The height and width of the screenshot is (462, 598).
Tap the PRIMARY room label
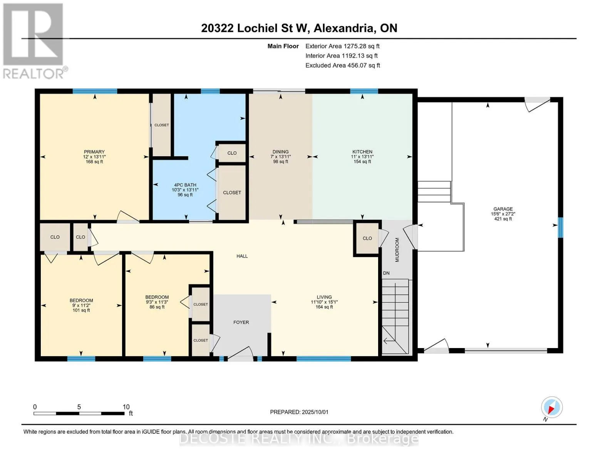pos(94,152)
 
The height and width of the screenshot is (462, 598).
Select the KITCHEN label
pos(362,152)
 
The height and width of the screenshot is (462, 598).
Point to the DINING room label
pos(280,152)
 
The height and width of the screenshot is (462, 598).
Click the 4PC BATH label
pos(185,185)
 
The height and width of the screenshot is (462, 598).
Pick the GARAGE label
pos(503,209)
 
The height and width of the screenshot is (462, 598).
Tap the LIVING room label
pos(324,297)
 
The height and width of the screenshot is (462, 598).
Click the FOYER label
pos(241,322)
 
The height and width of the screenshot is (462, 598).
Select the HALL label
pos(242,256)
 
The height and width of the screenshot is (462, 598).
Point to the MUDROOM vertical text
pos(397,250)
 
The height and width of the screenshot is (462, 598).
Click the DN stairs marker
pos(386,273)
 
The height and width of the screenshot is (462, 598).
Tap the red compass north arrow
pos(551,410)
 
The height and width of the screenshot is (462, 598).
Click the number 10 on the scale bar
pos(126,407)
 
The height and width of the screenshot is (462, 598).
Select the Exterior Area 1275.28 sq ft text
pos(342,46)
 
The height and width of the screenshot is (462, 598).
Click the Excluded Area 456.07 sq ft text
pos(343,65)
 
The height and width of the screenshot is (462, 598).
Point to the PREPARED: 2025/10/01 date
pos(299,412)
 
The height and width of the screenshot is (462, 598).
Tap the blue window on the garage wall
pos(560,227)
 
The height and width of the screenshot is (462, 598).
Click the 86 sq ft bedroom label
pos(157,307)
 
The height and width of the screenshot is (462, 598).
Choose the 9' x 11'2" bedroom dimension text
pos(81,305)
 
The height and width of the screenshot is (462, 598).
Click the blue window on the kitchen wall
pos(364,91)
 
